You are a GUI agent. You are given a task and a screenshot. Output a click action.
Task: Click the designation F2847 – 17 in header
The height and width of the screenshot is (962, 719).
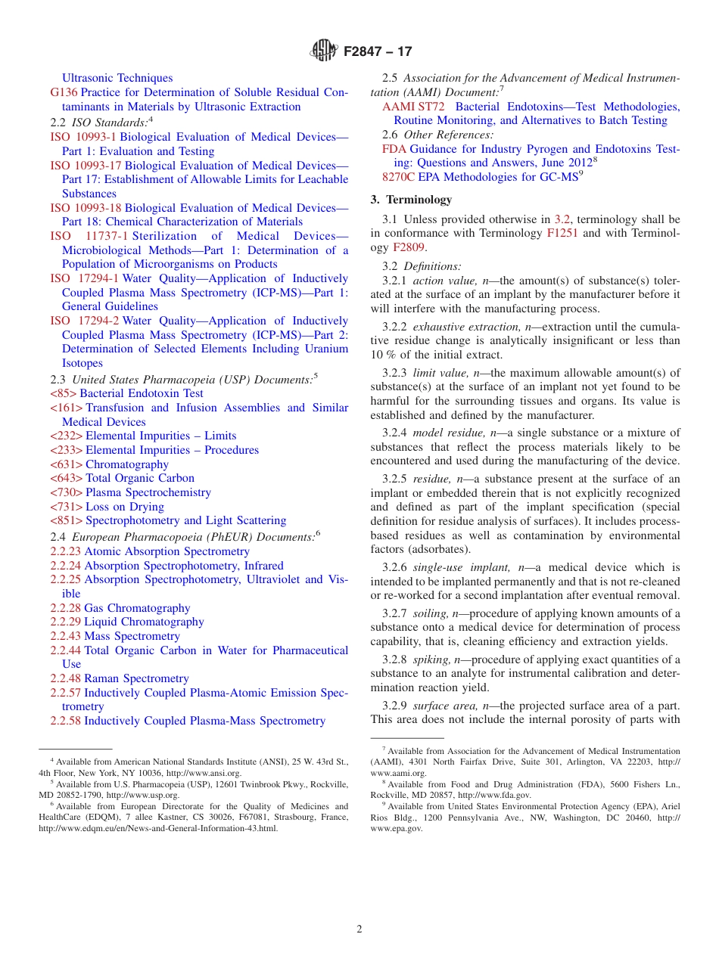tap(378, 52)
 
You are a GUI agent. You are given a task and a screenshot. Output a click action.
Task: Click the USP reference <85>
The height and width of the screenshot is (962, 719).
tap(63, 393)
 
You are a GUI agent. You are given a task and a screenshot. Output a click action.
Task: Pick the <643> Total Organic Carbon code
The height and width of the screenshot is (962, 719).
tap(66, 478)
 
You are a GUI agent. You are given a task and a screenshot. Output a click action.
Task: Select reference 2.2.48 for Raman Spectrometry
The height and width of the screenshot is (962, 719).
tap(65, 678)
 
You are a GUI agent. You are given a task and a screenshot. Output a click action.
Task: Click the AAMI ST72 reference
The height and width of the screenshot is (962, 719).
tap(413, 107)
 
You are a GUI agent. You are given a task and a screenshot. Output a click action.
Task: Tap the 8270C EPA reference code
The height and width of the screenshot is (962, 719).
tap(398, 177)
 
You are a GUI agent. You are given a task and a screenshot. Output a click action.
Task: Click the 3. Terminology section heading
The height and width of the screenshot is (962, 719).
tap(411, 200)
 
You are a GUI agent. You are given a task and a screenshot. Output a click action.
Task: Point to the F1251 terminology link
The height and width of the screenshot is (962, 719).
tap(562, 233)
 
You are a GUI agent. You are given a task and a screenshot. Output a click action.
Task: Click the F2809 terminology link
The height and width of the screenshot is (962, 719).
tap(409, 247)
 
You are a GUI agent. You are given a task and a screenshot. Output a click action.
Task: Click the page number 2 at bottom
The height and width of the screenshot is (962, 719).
tap(359, 929)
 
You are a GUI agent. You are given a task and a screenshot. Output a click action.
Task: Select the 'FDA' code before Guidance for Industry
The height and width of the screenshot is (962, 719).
tap(394, 149)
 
